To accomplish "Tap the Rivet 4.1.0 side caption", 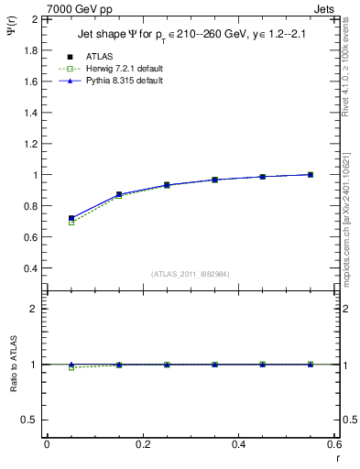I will (351, 82).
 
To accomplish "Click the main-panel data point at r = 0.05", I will (71, 219).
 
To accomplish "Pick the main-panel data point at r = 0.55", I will (311, 175).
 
